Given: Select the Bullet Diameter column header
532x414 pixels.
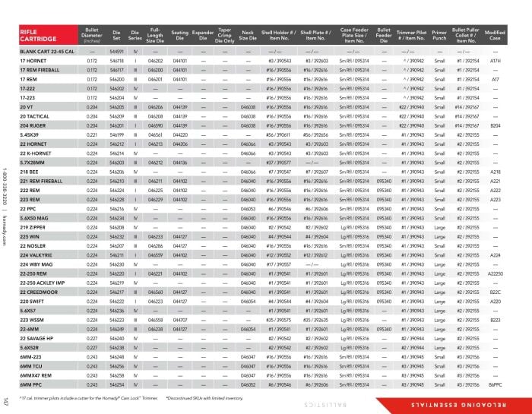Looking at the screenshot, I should point(92,34).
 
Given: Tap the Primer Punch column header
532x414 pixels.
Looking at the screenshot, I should point(439,34).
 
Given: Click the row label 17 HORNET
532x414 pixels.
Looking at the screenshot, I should point(33,59).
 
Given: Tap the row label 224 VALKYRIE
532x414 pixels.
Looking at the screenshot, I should point(39,255).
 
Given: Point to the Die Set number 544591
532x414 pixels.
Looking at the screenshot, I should point(117,50).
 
